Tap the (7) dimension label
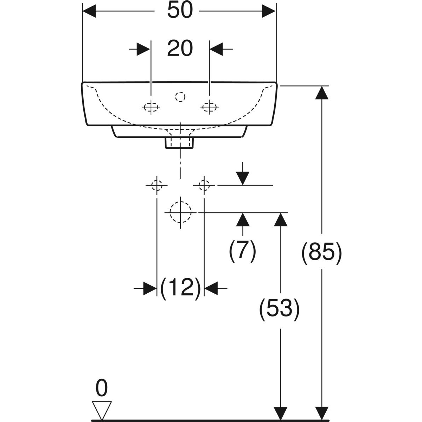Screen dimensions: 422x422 coord(243,251)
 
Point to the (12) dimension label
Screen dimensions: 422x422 coord(180,288)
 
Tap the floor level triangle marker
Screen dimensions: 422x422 coord(102,410)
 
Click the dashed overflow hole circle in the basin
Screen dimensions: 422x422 coord(180,97)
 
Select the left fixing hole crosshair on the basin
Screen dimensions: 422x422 coord(151,107)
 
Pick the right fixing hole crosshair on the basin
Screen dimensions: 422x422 coord(209,107)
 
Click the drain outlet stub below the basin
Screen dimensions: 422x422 coord(180,142)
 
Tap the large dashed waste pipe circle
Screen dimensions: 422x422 coord(180,212)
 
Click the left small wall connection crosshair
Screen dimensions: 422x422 coord(156,185)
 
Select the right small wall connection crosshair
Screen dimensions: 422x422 coord(204,185)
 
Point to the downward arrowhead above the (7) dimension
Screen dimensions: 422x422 coord(243,178)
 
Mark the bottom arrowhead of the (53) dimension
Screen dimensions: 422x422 coord(280,413)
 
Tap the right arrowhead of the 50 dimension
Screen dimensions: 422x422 coord(269,12)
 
